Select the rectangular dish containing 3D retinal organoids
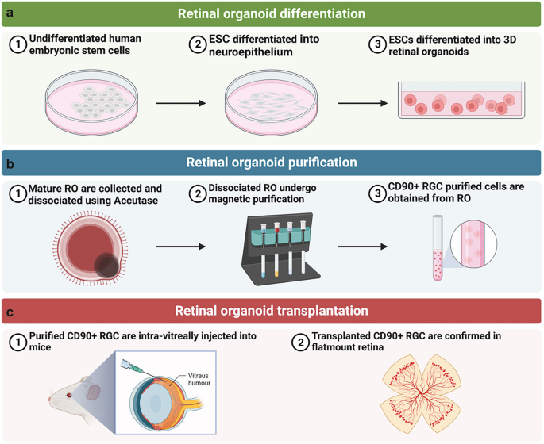tap(460, 106)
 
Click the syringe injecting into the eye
tap(132, 367)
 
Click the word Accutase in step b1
tap(136, 201)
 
